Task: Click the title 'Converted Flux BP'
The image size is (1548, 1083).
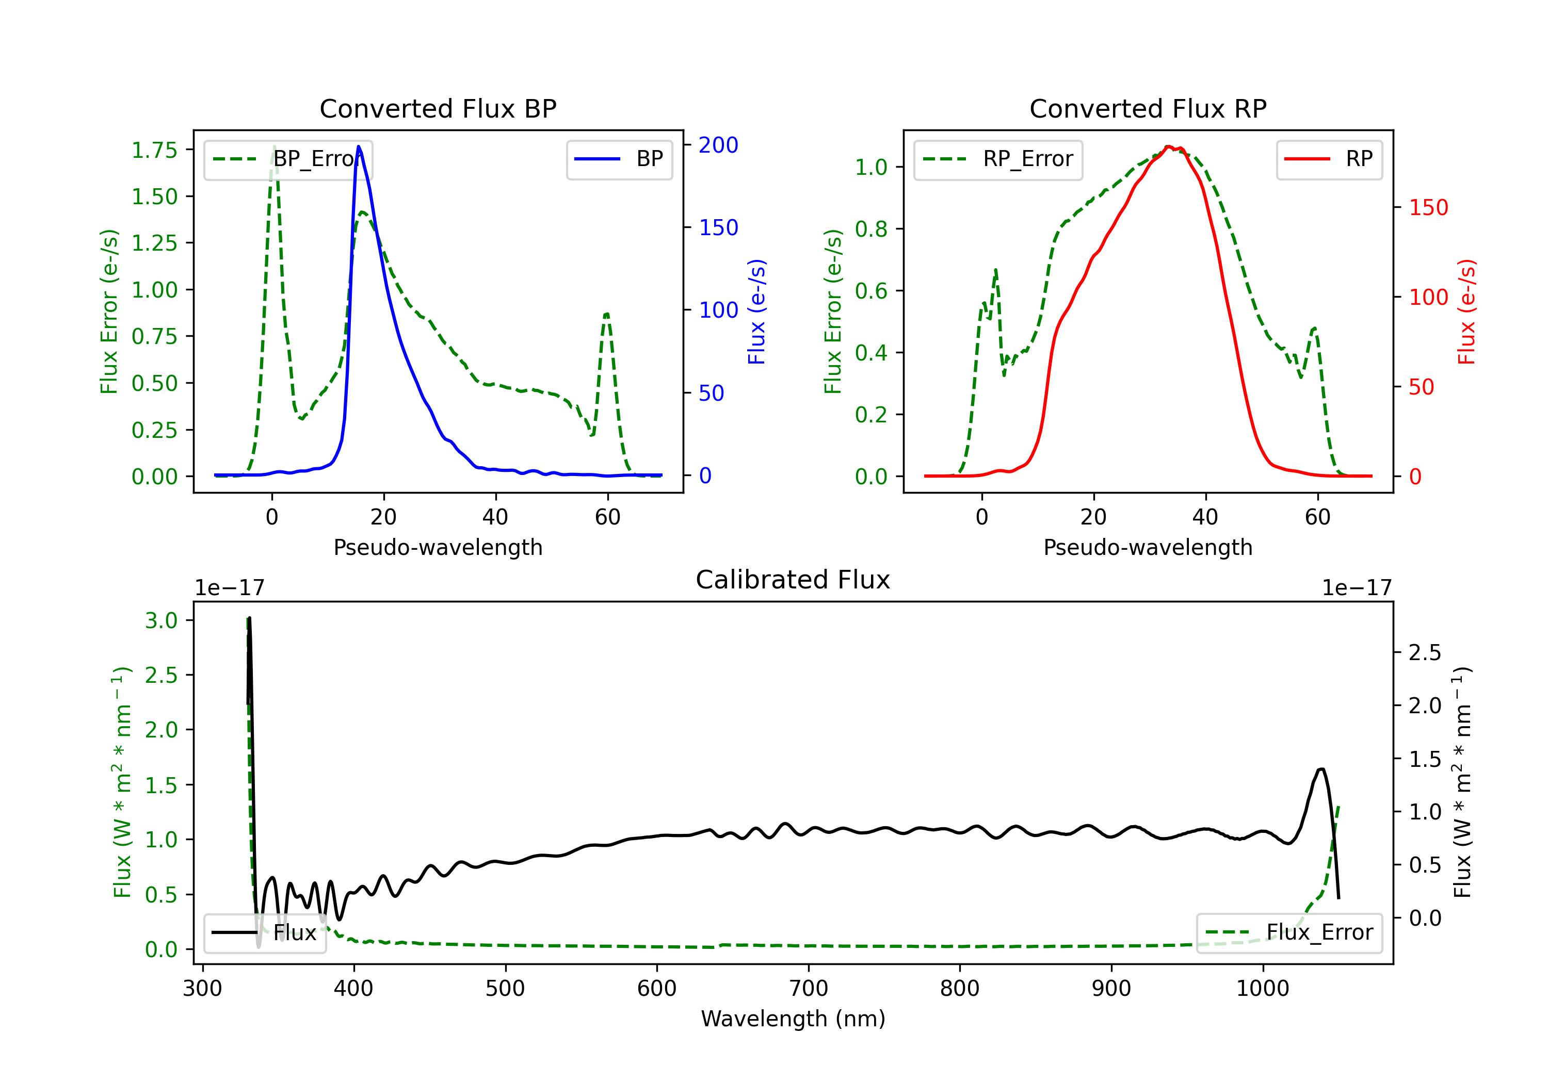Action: (438, 108)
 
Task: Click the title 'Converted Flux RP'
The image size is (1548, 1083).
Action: (1148, 108)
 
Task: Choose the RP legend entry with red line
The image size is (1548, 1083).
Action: (1329, 159)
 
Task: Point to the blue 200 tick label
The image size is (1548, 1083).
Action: (718, 145)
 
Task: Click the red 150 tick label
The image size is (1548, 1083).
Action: (1428, 207)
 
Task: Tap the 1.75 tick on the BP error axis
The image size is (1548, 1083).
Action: (154, 150)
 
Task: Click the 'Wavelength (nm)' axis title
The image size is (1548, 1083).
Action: (793, 1019)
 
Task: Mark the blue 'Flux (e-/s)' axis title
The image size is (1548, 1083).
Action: (756, 311)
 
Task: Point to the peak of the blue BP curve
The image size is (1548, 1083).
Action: (359, 146)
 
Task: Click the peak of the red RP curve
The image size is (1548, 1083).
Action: (1168, 146)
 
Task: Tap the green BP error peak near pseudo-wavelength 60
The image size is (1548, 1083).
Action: (607, 314)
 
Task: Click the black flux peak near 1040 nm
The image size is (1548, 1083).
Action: (1321, 769)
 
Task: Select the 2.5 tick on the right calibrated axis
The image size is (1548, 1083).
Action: (1425, 652)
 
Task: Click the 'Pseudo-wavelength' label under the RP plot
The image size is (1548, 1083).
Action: (1148, 547)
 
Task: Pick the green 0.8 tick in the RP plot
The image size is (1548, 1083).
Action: (871, 229)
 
